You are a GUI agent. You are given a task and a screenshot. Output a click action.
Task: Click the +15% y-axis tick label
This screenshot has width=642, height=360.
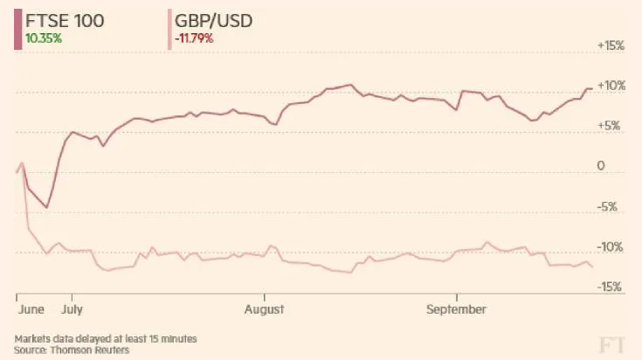(611, 45)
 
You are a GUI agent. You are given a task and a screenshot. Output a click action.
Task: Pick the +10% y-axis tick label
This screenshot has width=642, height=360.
(611, 86)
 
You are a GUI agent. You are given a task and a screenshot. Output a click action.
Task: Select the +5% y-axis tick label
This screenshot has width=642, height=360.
(612, 126)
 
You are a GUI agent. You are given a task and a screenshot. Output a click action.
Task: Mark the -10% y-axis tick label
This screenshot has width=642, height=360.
(611, 247)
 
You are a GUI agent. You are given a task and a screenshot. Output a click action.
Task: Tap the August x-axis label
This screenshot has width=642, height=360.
(265, 308)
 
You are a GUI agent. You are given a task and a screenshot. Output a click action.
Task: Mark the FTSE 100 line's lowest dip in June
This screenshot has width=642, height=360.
(46, 207)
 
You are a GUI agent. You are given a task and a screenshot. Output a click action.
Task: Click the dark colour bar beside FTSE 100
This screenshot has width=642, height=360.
(17, 29)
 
